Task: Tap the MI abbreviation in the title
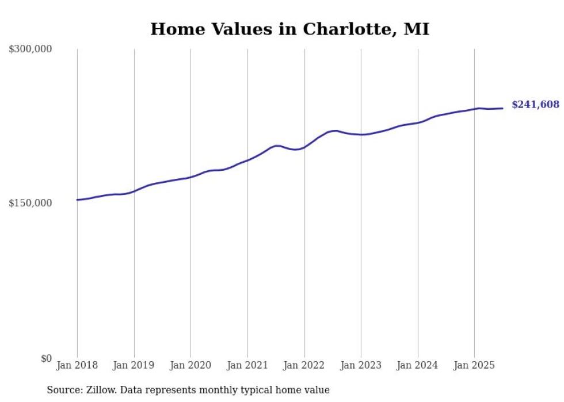coord(416,29)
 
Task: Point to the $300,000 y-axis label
coord(31,49)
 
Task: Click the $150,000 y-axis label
coord(31,204)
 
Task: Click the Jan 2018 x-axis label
coord(77,365)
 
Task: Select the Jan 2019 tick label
coord(134,365)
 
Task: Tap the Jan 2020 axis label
coord(190,365)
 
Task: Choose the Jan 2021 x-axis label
coord(247,365)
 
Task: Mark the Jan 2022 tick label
coord(304,365)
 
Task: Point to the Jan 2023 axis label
coord(361,365)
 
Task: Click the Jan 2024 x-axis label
coord(418,365)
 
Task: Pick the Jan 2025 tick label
coord(474,365)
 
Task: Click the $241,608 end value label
coord(535,105)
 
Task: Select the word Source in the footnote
coord(64,390)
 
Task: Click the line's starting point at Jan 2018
coord(77,200)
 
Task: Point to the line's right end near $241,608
coord(502,108)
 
